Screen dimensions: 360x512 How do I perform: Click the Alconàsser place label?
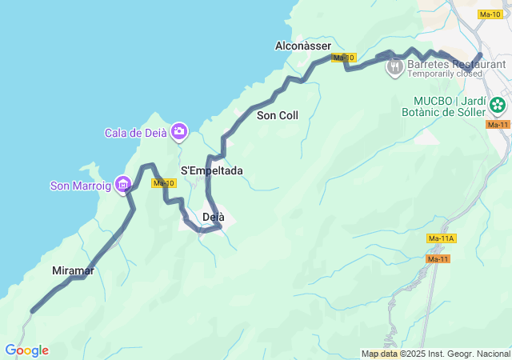pyautogui.click(x=302, y=46)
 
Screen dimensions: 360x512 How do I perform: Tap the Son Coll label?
pyautogui.click(x=277, y=115)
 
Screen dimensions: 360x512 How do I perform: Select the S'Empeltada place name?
pyautogui.click(x=211, y=170)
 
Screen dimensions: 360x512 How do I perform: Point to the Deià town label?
pyautogui.click(x=213, y=217)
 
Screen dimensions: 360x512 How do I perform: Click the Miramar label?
pyautogui.click(x=73, y=270)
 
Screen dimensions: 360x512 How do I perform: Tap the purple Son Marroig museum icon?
pyautogui.click(x=122, y=186)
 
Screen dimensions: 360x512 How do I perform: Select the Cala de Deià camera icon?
pyautogui.click(x=179, y=130)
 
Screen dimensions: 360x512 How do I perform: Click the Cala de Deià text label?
pyautogui.click(x=134, y=132)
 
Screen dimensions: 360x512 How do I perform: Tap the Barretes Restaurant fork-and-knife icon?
pyautogui.click(x=394, y=67)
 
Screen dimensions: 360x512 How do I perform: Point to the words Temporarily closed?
pyautogui.click(x=445, y=74)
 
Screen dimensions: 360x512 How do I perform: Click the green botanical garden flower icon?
pyautogui.click(x=498, y=105)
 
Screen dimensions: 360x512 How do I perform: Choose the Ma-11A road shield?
pyautogui.click(x=441, y=238)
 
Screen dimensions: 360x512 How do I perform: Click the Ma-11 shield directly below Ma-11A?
pyautogui.click(x=438, y=258)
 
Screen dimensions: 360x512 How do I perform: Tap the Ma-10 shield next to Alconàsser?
pyautogui.click(x=343, y=58)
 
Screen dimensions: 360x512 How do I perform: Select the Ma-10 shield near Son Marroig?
pyautogui.click(x=164, y=183)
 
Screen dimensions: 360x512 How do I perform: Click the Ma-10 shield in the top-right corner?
pyautogui.click(x=490, y=14)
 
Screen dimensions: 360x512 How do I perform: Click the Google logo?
pyautogui.click(x=26, y=350)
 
